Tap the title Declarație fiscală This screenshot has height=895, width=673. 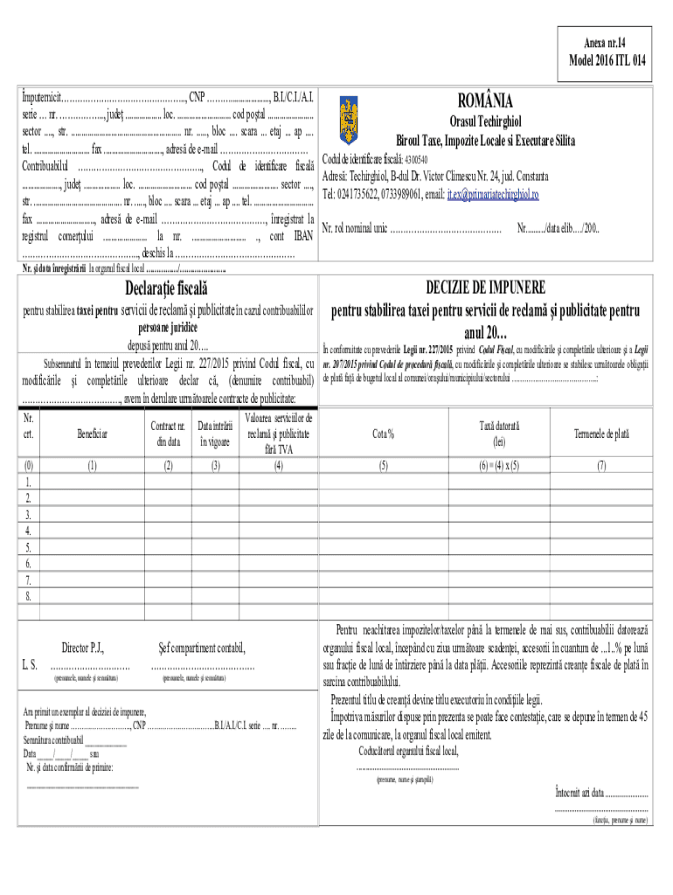pos(166,288)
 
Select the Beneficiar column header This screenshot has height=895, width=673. pos(92,433)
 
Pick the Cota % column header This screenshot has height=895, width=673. pos(383,433)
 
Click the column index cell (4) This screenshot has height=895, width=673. pos(278,465)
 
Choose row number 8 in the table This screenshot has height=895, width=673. pos(29,596)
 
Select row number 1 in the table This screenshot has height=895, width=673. pos(29,482)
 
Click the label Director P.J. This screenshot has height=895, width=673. pos(83,648)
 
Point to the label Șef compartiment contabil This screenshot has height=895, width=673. pos(202,648)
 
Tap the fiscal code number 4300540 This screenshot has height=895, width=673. pos(413,160)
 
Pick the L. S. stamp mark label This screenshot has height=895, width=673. pos(29,665)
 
